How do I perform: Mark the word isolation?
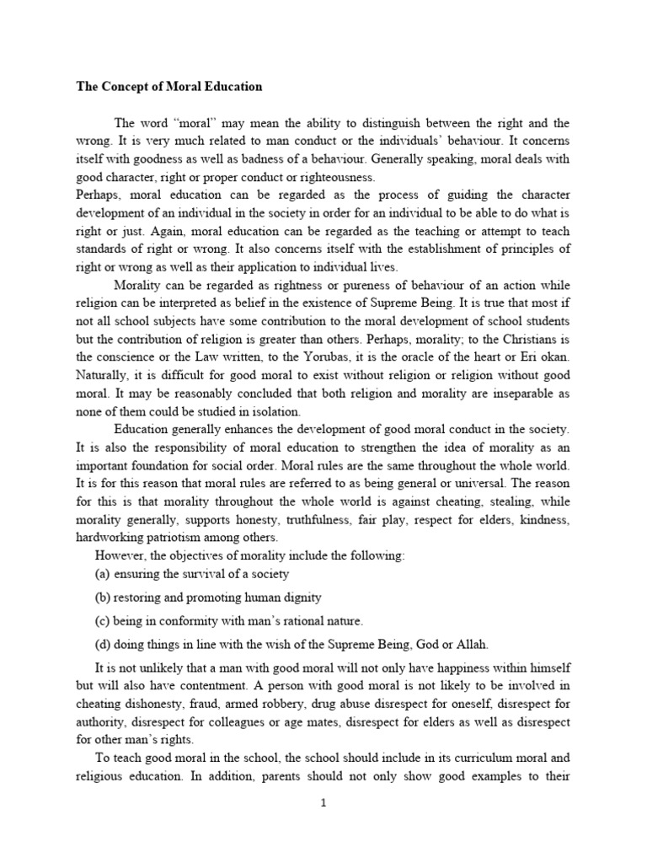pyautogui.click(x=271, y=412)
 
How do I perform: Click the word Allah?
pyautogui.click(x=468, y=645)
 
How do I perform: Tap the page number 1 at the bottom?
pyautogui.click(x=323, y=803)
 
